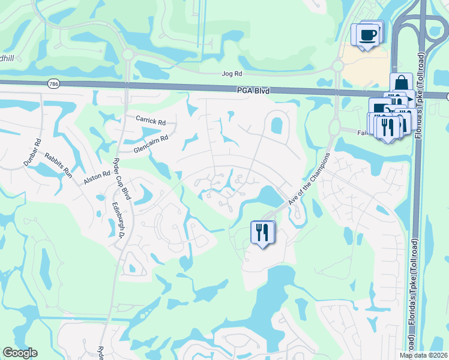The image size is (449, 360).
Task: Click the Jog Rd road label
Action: [231, 74]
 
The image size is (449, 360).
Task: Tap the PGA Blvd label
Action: [253, 91]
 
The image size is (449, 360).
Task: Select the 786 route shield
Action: [55, 84]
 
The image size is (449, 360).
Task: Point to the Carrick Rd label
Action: [150, 120]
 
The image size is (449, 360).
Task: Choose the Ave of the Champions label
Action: [309, 178]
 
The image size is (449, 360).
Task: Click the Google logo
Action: [20, 353]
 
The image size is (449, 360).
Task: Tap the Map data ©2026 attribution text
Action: [423, 355]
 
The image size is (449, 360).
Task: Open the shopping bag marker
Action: [400, 84]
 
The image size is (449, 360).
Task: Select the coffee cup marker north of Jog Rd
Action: [367, 34]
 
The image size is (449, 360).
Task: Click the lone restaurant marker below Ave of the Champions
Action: [262, 232]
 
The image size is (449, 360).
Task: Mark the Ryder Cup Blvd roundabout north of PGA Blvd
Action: [127, 55]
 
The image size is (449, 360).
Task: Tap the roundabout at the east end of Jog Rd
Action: [337, 65]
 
